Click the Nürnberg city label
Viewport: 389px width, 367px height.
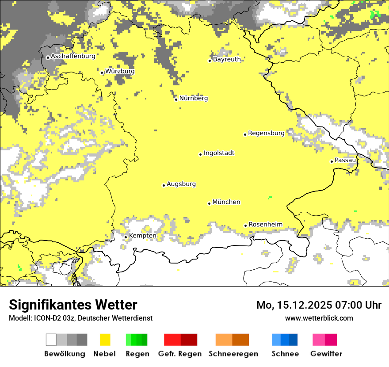194,98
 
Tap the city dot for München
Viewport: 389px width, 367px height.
210,203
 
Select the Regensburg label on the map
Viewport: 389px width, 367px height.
266,133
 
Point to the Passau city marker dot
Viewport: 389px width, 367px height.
332,161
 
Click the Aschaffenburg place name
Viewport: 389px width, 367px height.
73,56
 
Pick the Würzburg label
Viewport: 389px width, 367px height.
120,71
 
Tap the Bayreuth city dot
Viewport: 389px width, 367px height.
210,61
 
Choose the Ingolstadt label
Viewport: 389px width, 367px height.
219,153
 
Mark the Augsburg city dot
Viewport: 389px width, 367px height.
164,185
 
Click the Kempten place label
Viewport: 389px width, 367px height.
142,236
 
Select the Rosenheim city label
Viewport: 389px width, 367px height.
265,224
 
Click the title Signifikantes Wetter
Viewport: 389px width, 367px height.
73,305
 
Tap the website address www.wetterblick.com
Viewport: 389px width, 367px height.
319,318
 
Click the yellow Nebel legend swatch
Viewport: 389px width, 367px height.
105,340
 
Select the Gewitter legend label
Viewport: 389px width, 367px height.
326,354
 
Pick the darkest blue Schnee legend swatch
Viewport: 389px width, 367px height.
294,340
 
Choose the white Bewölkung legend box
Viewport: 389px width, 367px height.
51,340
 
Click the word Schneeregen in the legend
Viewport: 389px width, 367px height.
233,354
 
